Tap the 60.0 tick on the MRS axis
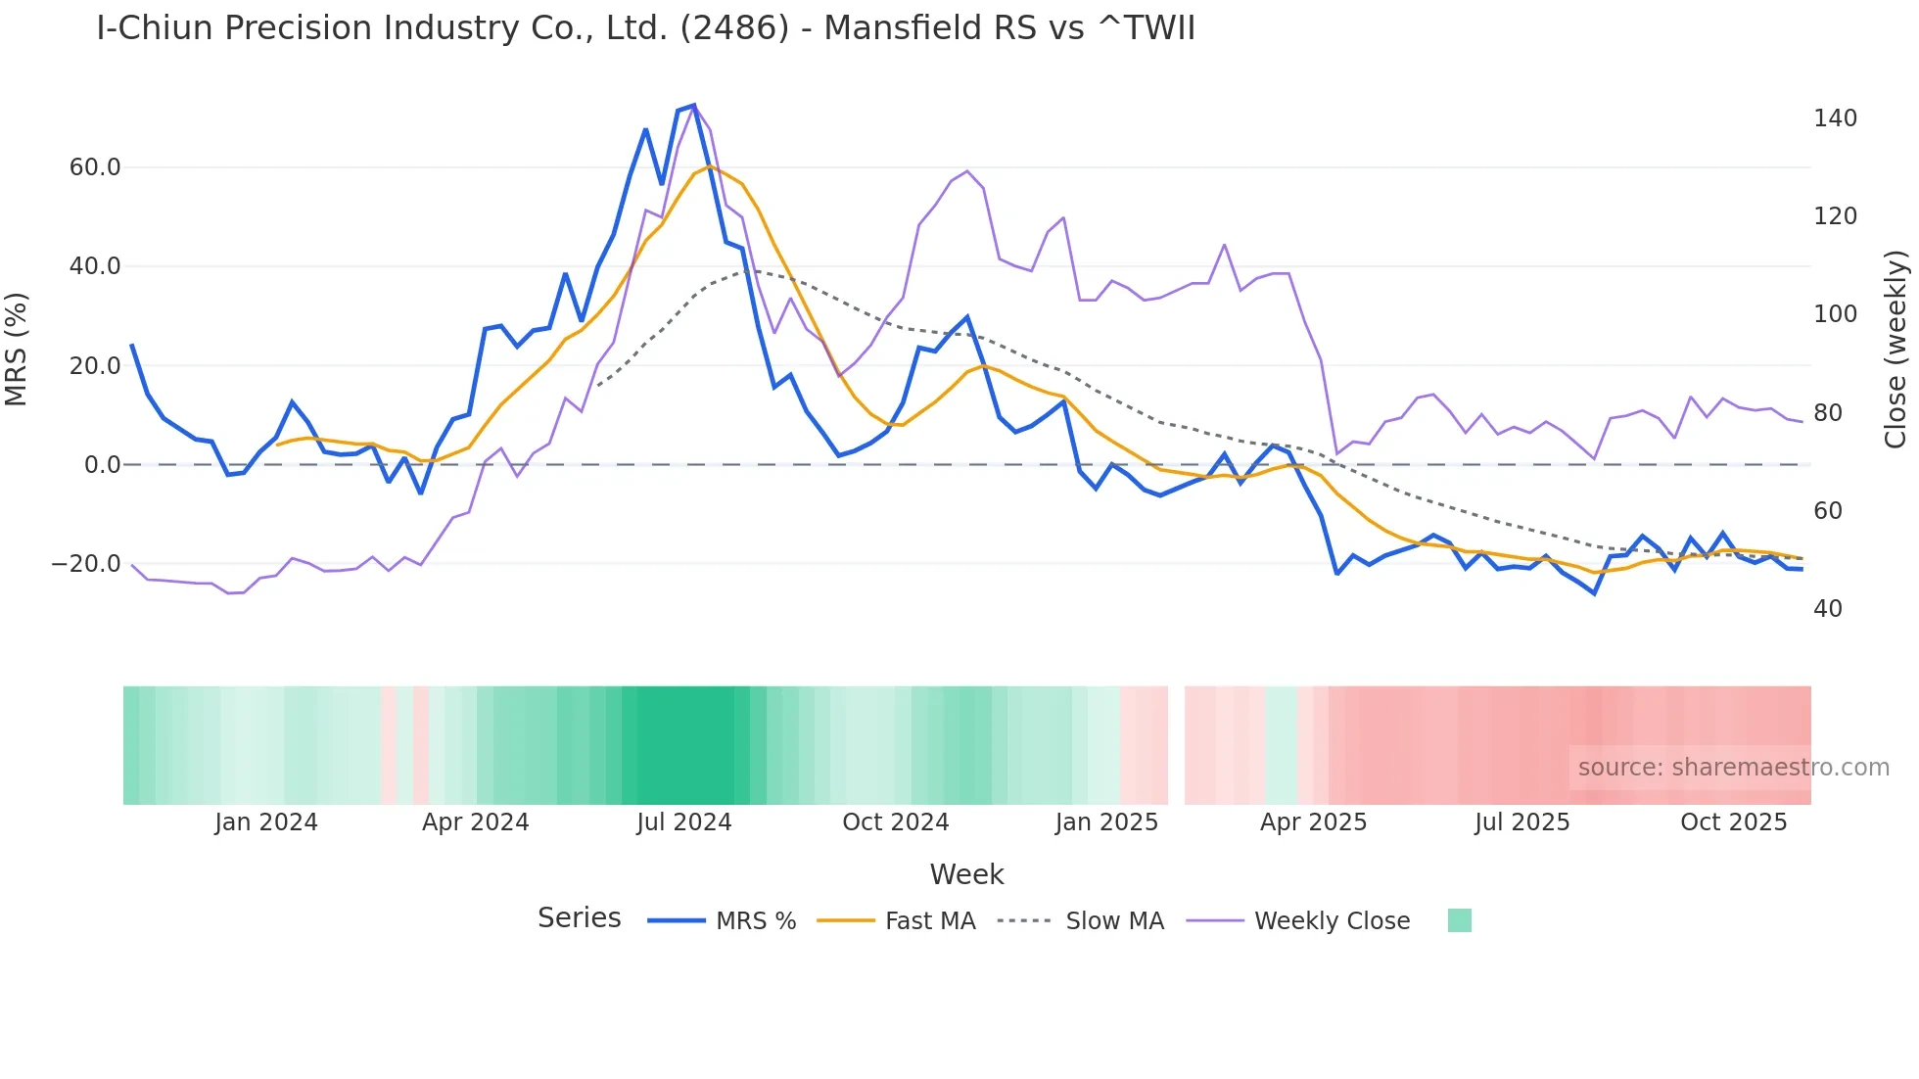95,167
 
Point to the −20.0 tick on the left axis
86,564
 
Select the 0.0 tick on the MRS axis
103,465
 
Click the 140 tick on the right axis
1835,118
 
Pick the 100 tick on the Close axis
1835,314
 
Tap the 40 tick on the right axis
1828,609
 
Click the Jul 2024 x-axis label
684,822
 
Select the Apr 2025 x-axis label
1313,822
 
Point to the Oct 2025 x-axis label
1733,822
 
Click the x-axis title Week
966,874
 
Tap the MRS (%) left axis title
17,350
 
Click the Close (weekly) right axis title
1896,350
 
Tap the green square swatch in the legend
1459,920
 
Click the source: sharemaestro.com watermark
1733,768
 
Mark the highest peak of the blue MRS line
694,105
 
